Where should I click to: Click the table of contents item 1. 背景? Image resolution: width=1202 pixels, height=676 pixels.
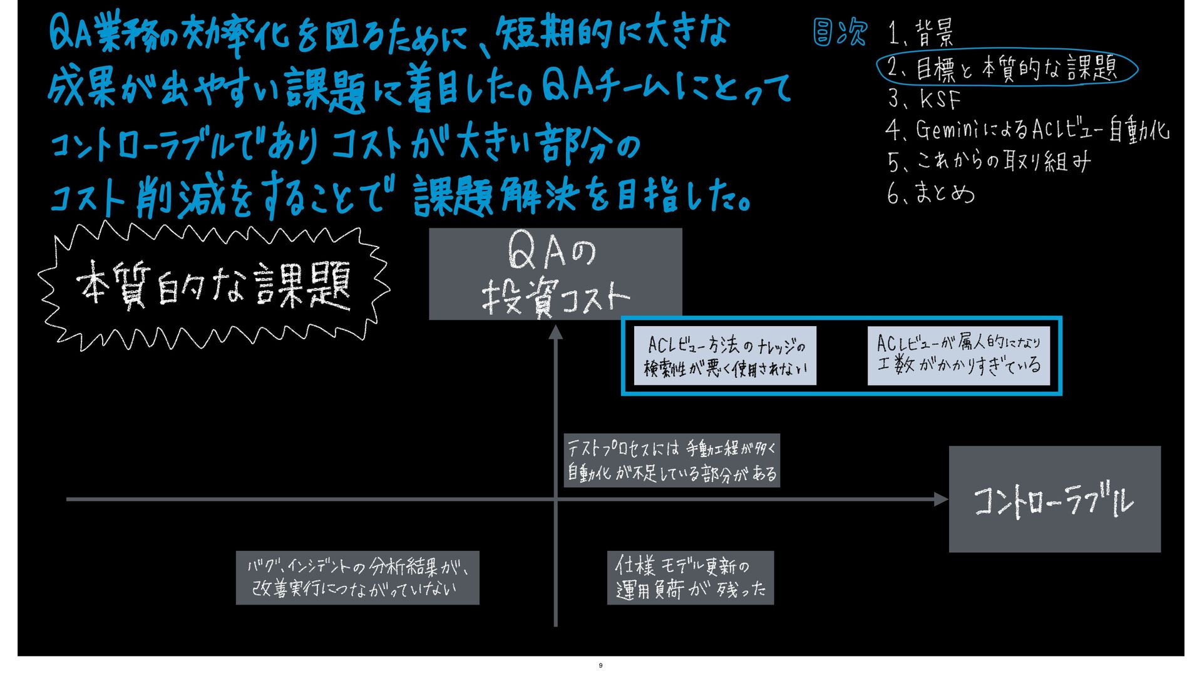pyautogui.click(x=922, y=33)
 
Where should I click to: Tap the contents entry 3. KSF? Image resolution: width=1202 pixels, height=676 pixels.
pyautogui.click(x=925, y=99)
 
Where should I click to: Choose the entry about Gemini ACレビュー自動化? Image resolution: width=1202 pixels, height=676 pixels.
pyautogui.click(x=1027, y=130)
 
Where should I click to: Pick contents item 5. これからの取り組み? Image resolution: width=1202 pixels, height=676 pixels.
pyautogui.click(x=989, y=161)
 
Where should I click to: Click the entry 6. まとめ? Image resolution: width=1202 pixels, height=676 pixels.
pyautogui.click(x=931, y=193)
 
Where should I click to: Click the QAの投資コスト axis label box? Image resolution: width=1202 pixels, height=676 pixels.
pyautogui.click(x=555, y=274)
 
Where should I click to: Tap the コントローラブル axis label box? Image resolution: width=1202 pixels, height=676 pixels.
pyautogui.click(x=1054, y=499)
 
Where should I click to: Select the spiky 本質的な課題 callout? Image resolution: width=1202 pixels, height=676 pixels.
pyautogui.click(x=213, y=286)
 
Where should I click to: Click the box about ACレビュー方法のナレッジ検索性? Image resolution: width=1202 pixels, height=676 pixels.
pyautogui.click(x=725, y=356)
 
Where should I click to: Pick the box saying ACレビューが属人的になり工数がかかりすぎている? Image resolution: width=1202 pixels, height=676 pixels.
pyautogui.click(x=958, y=355)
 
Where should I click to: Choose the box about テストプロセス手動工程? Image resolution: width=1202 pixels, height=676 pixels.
pyautogui.click(x=671, y=460)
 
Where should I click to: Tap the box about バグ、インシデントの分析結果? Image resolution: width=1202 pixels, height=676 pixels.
pyautogui.click(x=357, y=577)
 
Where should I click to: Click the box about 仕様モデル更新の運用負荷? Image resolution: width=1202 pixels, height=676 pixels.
pyautogui.click(x=690, y=577)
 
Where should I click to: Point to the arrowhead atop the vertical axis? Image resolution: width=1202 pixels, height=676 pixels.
pyautogui.click(x=555, y=332)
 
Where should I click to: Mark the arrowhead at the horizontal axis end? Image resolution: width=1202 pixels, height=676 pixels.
pyautogui.click(x=941, y=499)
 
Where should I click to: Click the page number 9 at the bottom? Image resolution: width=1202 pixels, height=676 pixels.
pyautogui.click(x=600, y=665)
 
